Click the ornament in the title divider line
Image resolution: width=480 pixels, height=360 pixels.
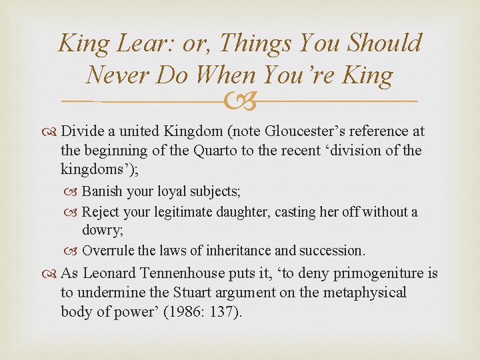240,100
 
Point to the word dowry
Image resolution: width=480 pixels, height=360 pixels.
99,231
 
